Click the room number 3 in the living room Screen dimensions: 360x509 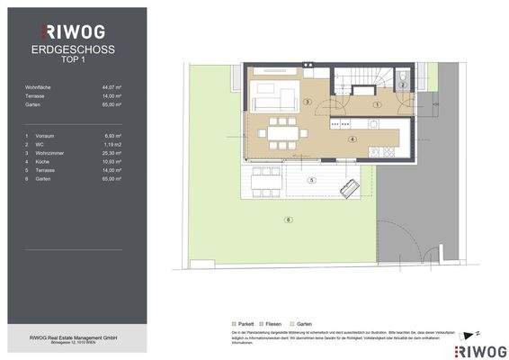[308, 103]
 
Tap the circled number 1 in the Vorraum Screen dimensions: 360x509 [378, 104]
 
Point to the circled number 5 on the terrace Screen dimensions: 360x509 [311, 181]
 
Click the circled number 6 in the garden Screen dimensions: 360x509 [287, 220]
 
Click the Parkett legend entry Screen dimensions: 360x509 [240, 322]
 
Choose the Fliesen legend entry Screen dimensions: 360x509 [271, 322]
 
